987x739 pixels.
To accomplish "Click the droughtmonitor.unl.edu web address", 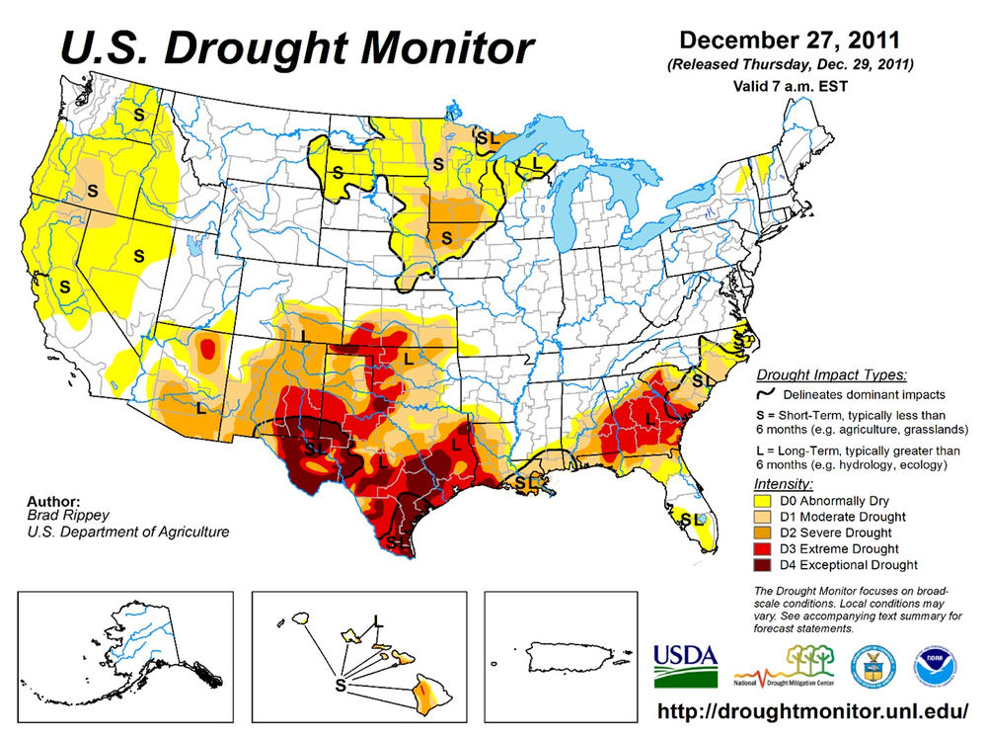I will click(x=813, y=711).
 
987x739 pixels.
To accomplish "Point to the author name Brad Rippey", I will click(x=58, y=516).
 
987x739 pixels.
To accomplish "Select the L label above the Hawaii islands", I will click(x=377, y=619).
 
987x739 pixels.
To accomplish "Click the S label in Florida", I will click(x=684, y=518).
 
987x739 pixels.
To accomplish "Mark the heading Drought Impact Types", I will click(x=831, y=375).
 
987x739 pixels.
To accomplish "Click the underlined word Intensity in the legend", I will click(x=783, y=484).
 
